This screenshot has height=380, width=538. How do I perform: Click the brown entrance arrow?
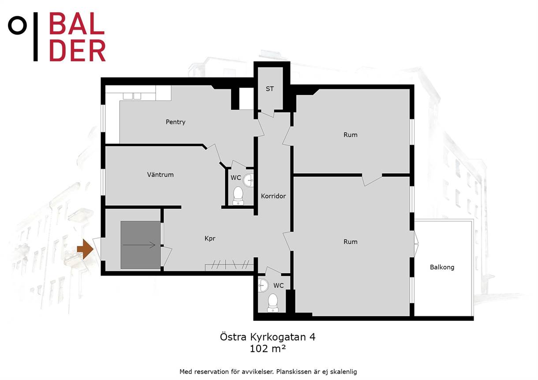[85, 249]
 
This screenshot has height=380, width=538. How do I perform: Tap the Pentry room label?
[176, 122]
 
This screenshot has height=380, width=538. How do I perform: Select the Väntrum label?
[160, 175]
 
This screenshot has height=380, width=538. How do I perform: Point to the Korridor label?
[273, 196]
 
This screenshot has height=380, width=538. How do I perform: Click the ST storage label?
[269, 89]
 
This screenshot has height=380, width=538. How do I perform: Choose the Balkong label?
[442, 267]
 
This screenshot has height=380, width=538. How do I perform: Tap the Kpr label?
[209, 238]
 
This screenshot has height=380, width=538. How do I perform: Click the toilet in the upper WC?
[238, 196]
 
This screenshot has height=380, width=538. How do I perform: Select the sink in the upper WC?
[248, 180]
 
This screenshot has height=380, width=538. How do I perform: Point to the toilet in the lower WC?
[273, 303]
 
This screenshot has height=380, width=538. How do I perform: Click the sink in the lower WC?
[263, 286]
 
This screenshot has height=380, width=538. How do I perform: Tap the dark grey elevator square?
[141, 245]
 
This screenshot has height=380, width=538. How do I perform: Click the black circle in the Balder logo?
[17, 26]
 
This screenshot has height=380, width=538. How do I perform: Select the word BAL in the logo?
[77, 23]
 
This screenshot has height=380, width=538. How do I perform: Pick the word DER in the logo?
[77, 50]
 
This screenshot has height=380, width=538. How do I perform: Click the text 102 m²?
[268, 349]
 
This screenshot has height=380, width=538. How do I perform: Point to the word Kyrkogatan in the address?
[278, 337]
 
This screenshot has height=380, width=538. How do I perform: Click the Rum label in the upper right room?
[351, 135]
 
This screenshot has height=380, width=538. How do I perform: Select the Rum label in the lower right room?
[351, 242]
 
